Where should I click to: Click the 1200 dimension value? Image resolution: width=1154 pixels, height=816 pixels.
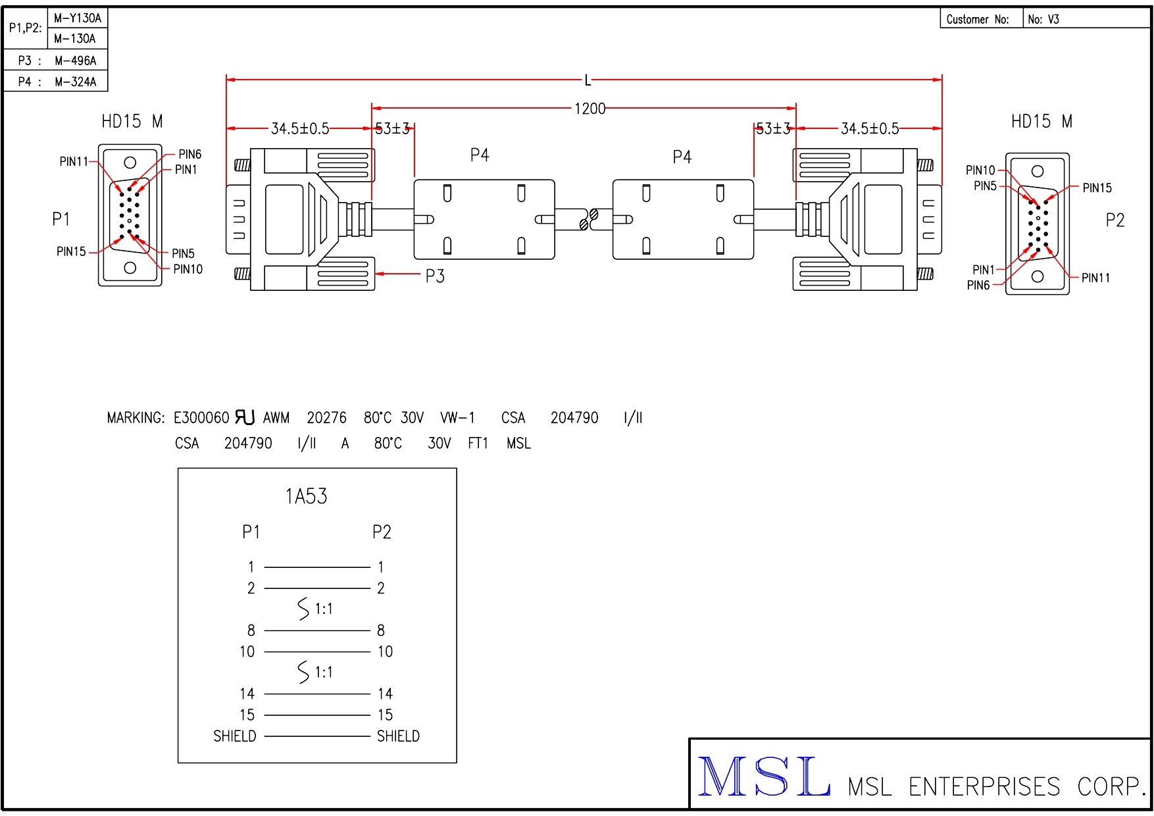pyautogui.click(x=590, y=109)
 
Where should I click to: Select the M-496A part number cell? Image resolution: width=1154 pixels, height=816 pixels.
pyautogui.click(x=75, y=61)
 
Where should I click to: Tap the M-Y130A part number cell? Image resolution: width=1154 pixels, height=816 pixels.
pyautogui.click(x=78, y=18)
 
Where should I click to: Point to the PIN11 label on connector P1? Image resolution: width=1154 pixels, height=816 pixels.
pyautogui.click(x=73, y=161)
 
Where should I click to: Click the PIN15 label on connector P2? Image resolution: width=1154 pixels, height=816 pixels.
pyautogui.click(x=1097, y=188)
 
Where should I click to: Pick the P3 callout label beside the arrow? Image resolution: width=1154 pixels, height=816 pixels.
pyautogui.click(x=435, y=276)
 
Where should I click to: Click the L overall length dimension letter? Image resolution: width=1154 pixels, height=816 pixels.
pyautogui.click(x=588, y=80)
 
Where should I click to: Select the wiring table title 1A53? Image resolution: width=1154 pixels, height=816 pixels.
pyautogui.click(x=306, y=496)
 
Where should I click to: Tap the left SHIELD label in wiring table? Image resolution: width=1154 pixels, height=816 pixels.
pyautogui.click(x=235, y=736)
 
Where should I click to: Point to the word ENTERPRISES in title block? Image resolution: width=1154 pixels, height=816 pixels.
pyautogui.click(x=984, y=787)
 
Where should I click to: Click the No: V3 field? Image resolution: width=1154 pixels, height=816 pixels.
pyautogui.click(x=1043, y=19)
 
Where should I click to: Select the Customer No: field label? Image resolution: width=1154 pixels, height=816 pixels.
pyautogui.click(x=977, y=19)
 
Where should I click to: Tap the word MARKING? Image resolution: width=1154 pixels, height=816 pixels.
pyautogui.click(x=136, y=418)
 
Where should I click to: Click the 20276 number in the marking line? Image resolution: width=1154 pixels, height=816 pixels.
pyautogui.click(x=326, y=418)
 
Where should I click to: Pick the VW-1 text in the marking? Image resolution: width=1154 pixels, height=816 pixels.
pyautogui.click(x=457, y=418)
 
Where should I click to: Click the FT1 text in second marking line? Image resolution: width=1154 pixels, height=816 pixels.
pyautogui.click(x=478, y=444)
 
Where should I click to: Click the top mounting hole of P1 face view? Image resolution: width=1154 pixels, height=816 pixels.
pyautogui.click(x=130, y=163)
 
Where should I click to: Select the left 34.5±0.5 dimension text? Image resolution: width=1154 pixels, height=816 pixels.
pyautogui.click(x=300, y=128)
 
